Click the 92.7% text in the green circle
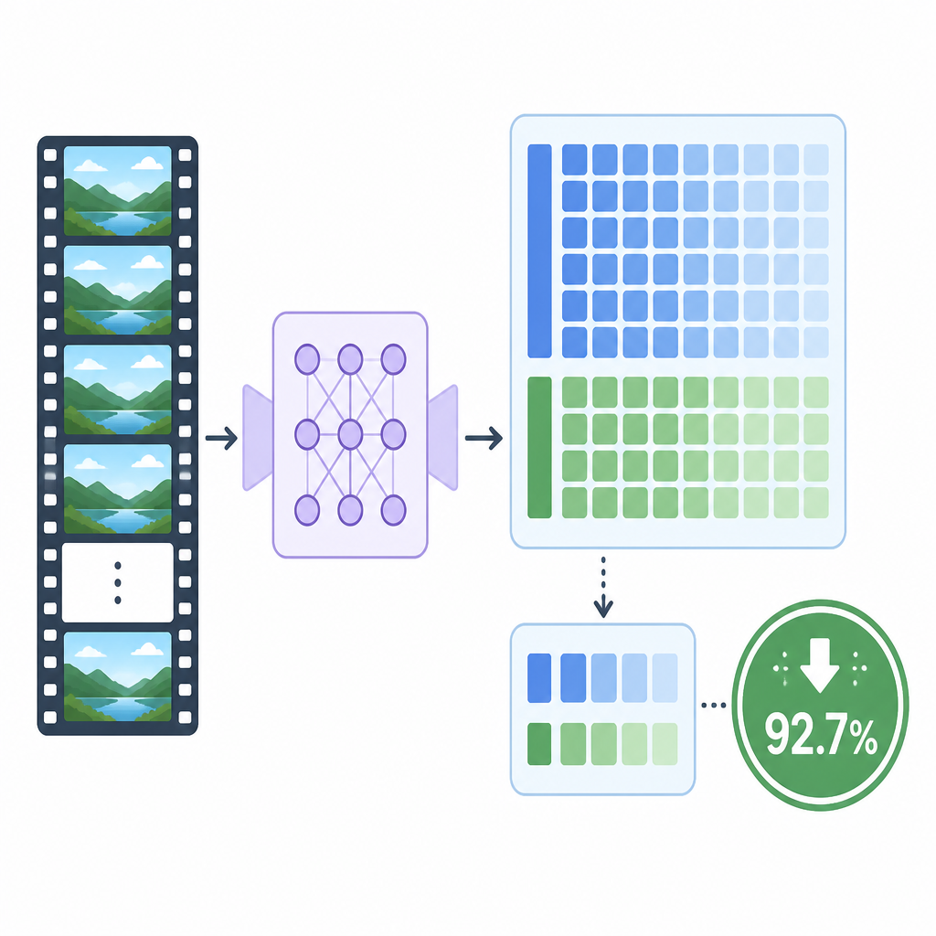[822, 734]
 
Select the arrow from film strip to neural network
[221, 438]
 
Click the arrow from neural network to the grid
[484, 438]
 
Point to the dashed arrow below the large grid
[603, 588]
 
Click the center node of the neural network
[350, 434]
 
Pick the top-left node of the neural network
[307, 359]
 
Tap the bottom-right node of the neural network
[393, 510]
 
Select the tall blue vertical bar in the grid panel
[539, 251]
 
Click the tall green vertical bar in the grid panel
[539, 447]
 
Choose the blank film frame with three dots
[118, 582]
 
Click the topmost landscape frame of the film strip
[118, 191]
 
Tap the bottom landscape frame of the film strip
[118, 677]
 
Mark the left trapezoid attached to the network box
[258, 438]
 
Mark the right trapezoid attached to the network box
[443, 438]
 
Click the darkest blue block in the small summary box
[539, 678]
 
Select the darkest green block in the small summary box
[539, 744]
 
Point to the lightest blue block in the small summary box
[665, 678]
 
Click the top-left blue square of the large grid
[575, 159]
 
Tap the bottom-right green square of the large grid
[816, 503]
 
